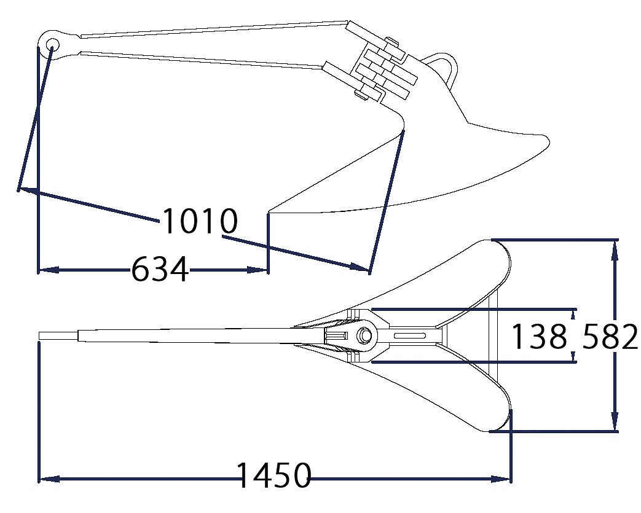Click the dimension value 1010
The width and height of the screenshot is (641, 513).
[x=200, y=221]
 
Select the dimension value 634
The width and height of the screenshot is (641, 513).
[x=160, y=269]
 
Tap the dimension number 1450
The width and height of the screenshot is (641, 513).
[x=274, y=476]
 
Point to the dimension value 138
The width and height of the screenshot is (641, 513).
[x=540, y=336]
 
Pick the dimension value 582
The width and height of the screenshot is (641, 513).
[x=609, y=336]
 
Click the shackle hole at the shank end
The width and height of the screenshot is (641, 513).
[x=52, y=44]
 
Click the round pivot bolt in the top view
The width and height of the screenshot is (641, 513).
[x=364, y=335]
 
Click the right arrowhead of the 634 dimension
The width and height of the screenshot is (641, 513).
[x=257, y=270]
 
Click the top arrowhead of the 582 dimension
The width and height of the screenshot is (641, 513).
[x=615, y=250]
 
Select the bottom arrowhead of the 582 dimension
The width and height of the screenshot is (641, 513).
[x=615, y=421]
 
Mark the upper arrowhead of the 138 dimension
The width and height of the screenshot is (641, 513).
[x=573, y=314]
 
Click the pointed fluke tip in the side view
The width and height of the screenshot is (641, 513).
[x=269, y=213]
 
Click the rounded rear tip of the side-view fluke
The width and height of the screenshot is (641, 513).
[x=546, y=141]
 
